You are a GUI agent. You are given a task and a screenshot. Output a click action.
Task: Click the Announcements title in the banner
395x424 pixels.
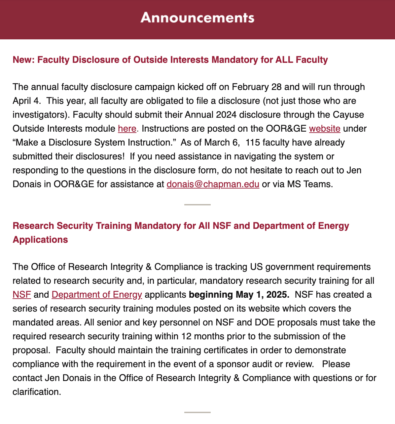[x=197, y=18]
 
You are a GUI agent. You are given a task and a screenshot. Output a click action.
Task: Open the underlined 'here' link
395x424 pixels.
[x=127, y=129]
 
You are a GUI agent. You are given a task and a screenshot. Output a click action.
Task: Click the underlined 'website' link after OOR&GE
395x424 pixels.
[x=324, y=129]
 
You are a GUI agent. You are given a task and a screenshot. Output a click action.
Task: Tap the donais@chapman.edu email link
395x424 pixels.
[x=213, y=184]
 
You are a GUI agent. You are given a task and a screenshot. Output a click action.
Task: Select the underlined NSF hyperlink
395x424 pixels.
[x=22, y=295]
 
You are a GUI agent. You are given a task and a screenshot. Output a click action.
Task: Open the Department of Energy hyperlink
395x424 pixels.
[x=97, y=295]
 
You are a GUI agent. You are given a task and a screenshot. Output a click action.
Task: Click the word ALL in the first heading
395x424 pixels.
[x=284, y=60]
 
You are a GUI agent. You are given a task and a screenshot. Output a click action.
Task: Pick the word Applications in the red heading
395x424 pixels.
[x=40, y=240]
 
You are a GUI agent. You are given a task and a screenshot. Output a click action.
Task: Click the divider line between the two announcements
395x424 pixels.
[x=197, y=205]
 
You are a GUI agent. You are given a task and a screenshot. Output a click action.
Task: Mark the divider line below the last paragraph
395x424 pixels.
[x=197, y=412]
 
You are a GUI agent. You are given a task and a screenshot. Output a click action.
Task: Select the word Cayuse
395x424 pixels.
[x=347, y=115]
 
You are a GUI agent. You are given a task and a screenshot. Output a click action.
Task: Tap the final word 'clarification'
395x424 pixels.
[x=36, y=392]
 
